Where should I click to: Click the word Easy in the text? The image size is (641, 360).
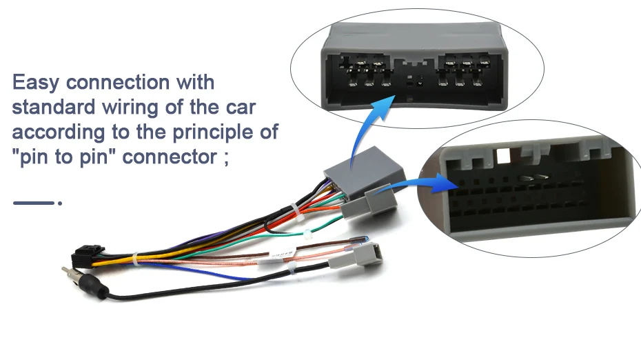(x=36, y=83)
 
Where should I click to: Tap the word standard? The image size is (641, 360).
(x=54, y=107)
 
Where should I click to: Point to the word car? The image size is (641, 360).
(x=241, y=108)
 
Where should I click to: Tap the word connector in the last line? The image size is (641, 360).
(x=170, y=157)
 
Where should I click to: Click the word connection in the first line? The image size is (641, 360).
(x=118, y=83)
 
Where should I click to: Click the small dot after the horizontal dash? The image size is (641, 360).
(x=60, y=203)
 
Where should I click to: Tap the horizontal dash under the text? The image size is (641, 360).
(x=34, y=203)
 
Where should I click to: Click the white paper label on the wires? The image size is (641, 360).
(x=283, y=254)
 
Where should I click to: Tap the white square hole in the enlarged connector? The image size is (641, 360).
(x=503, y=156)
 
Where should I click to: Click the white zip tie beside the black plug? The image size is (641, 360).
(x=135, y=259)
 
